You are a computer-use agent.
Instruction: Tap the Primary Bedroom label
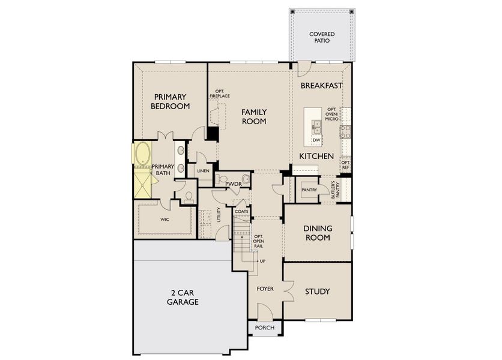pos(171,101)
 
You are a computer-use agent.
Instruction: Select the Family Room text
pos(254,116)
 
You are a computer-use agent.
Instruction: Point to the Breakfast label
pos(321,86)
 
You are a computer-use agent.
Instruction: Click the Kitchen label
pos(316,156)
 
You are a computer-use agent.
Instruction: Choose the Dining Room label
pos(316,233)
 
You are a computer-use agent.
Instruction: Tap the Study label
pos(317,292)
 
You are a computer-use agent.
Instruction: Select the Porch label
pos(265,328)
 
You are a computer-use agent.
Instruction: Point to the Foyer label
pos(265,289)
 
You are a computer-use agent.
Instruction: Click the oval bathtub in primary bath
pos(144,154)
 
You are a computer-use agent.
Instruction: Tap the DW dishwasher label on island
pos(316,140)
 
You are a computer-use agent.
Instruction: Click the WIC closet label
pos(165,220)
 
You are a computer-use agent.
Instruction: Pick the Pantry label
pos(309,190)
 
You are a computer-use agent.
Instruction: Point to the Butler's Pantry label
pos(334,189)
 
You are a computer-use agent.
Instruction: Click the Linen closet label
pos(202,171)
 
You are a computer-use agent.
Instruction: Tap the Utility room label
pos(219,215)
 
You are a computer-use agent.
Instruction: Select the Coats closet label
pos(241,212)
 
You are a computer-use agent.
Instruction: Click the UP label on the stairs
pos(262,261)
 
